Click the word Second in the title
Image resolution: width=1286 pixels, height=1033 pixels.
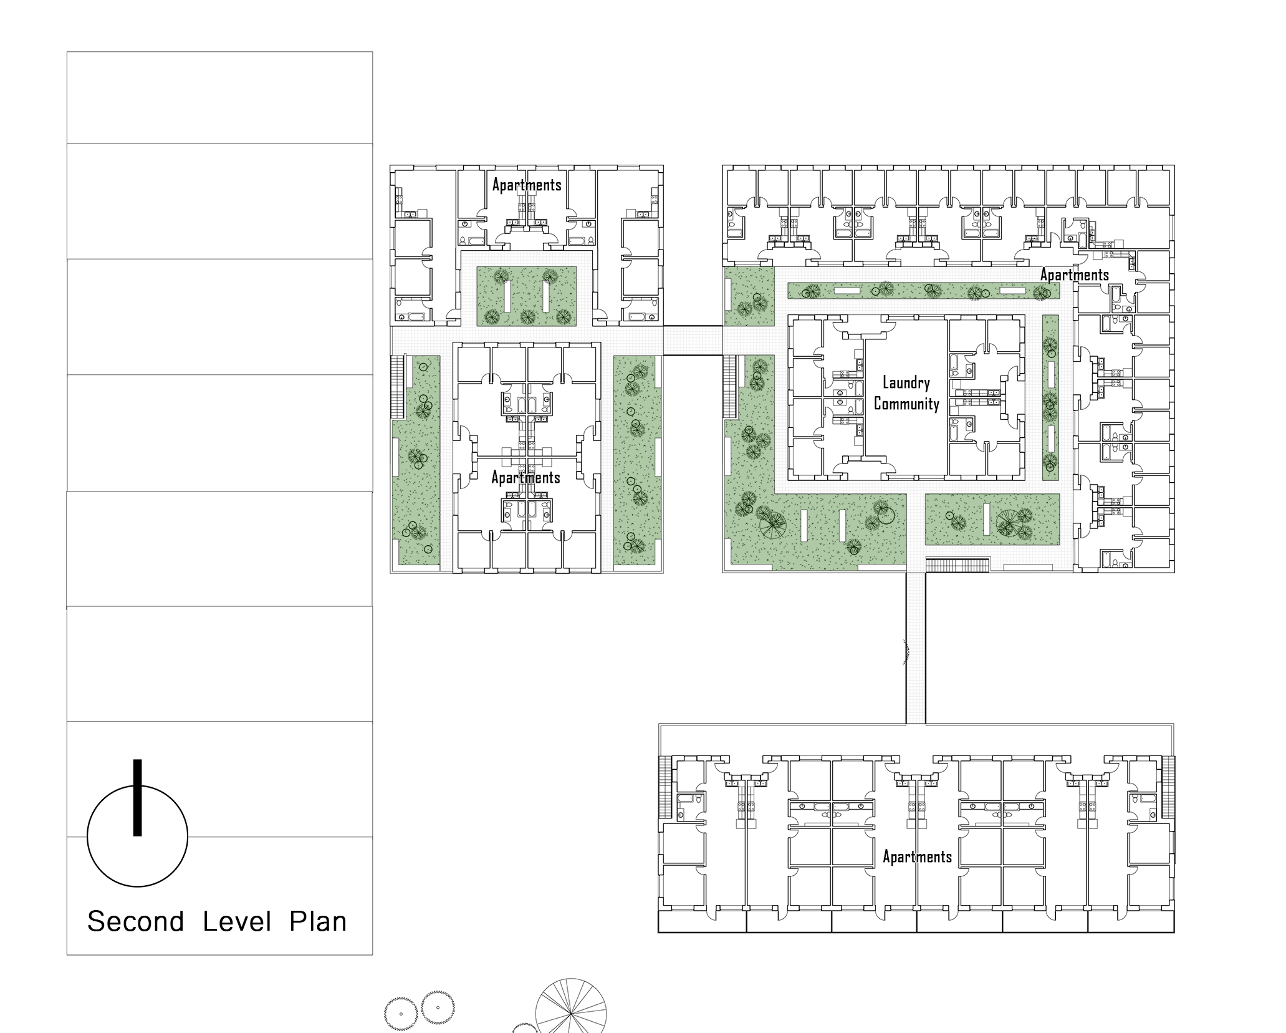135,921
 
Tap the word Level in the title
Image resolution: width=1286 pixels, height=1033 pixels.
237,921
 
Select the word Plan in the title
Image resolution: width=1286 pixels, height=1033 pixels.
318,921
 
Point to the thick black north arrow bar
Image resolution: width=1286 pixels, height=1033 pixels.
138,797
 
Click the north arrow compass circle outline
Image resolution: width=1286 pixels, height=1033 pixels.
87,836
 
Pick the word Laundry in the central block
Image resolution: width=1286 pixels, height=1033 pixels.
906,382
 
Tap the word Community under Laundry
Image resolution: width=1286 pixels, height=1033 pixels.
906,404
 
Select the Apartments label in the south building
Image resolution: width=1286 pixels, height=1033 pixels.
917,856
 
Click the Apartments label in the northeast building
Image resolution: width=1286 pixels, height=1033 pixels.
1074,274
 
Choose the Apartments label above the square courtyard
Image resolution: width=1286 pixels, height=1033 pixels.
527,185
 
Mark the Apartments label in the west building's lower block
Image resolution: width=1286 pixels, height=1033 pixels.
525,477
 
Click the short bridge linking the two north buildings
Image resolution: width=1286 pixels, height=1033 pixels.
693,340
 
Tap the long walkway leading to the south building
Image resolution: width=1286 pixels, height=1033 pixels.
916,648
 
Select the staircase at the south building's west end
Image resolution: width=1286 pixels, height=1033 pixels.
665,787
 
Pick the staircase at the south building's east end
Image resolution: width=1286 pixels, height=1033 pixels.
1169,787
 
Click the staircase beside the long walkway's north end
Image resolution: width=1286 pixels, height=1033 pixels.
957,565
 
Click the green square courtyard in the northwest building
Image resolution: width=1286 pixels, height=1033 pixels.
527,296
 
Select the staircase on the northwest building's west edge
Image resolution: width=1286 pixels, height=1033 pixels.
398,387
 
